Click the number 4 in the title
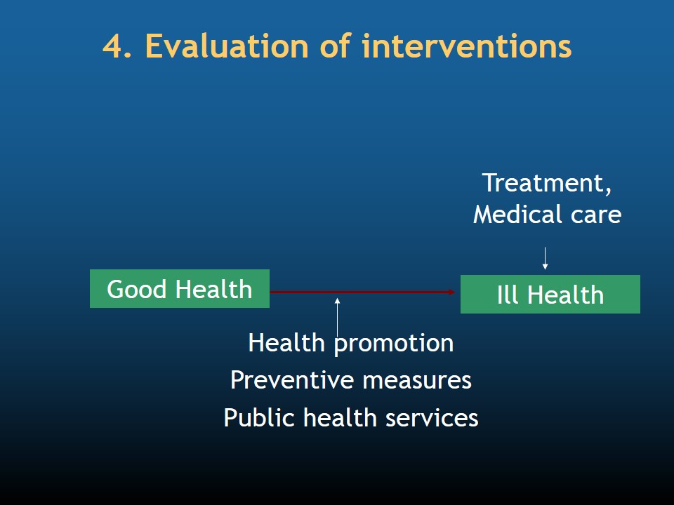pos(113,46)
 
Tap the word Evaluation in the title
pos(227,46)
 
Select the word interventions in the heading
pos(467,46)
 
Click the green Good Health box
pos(180,288)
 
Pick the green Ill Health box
pos(550,294)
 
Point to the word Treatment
pos(547,183)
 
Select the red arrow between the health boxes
pos(362,292)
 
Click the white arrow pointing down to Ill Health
pos(545,258)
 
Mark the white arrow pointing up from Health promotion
pos(338,318)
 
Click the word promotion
pos(394,344)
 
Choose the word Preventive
pos(291,380)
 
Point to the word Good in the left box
pos(137,289)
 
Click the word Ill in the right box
pos(507,295)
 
